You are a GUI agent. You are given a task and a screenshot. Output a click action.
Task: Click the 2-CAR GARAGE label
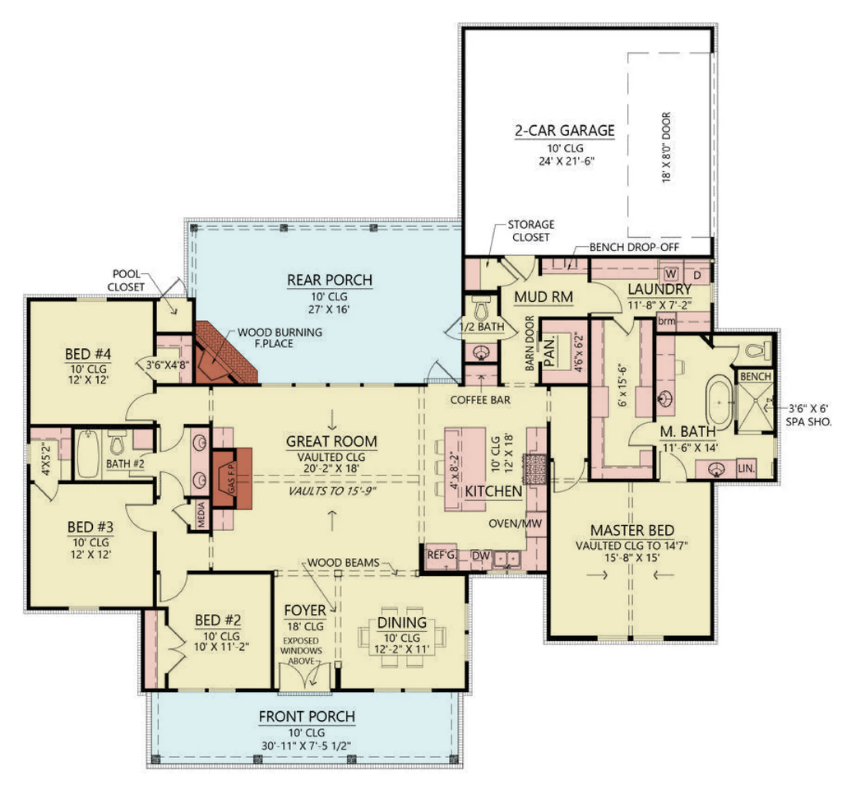pyautogui.click(x=564, y=131)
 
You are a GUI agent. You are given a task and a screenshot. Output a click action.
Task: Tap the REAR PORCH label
pyautogui.click(x=330, y=280)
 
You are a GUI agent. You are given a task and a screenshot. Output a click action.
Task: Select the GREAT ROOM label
pyautogui.click(x=331, y=441)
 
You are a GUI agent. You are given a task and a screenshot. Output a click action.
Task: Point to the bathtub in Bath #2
pyautogui.click(x=88, y=454)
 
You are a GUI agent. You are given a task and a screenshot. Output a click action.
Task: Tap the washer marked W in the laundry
pyautogui.click(x=671, y=273)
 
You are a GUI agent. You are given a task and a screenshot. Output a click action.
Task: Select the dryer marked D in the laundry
pyautogui.click(x=697, y=275)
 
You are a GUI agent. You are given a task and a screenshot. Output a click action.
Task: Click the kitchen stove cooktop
pyautogui.click(x=535, y=469)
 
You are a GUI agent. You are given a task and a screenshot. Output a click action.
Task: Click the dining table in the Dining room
pyautogui.click(x=401, y=637)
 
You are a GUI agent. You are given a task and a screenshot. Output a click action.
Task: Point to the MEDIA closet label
pyautogui.click(x=201, y=515)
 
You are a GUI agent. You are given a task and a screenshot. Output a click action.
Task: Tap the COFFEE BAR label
pyautogui.click(x=480, y=400)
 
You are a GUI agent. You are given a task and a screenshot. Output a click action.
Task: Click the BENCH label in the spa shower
pyautogui.click(x=755, y=376)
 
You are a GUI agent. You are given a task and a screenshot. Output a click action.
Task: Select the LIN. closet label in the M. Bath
pyautogui.click(x=746, y=468)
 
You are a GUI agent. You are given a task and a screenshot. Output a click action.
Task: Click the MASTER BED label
pyautogui.click(x=632, y=531)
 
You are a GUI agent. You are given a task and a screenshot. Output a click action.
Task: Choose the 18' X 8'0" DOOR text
pyautogui.click(x=666, y=147)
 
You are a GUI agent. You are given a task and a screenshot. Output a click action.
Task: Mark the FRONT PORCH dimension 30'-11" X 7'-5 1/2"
pyautogui.click(x=306, y=746)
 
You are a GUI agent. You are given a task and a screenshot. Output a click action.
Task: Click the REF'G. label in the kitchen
pyautogui.click(x=441, y=554)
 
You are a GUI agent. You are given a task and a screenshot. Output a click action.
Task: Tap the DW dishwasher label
pyautogui.click(x=480, y=555)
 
